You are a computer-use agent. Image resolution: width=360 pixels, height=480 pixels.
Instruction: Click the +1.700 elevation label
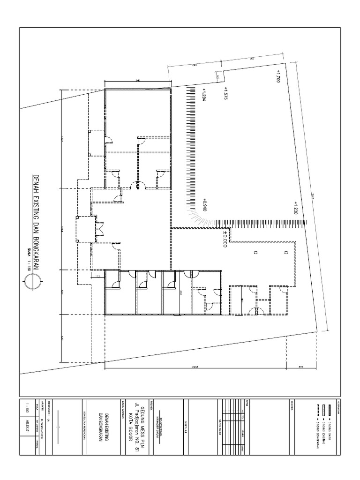pos(278,76)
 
